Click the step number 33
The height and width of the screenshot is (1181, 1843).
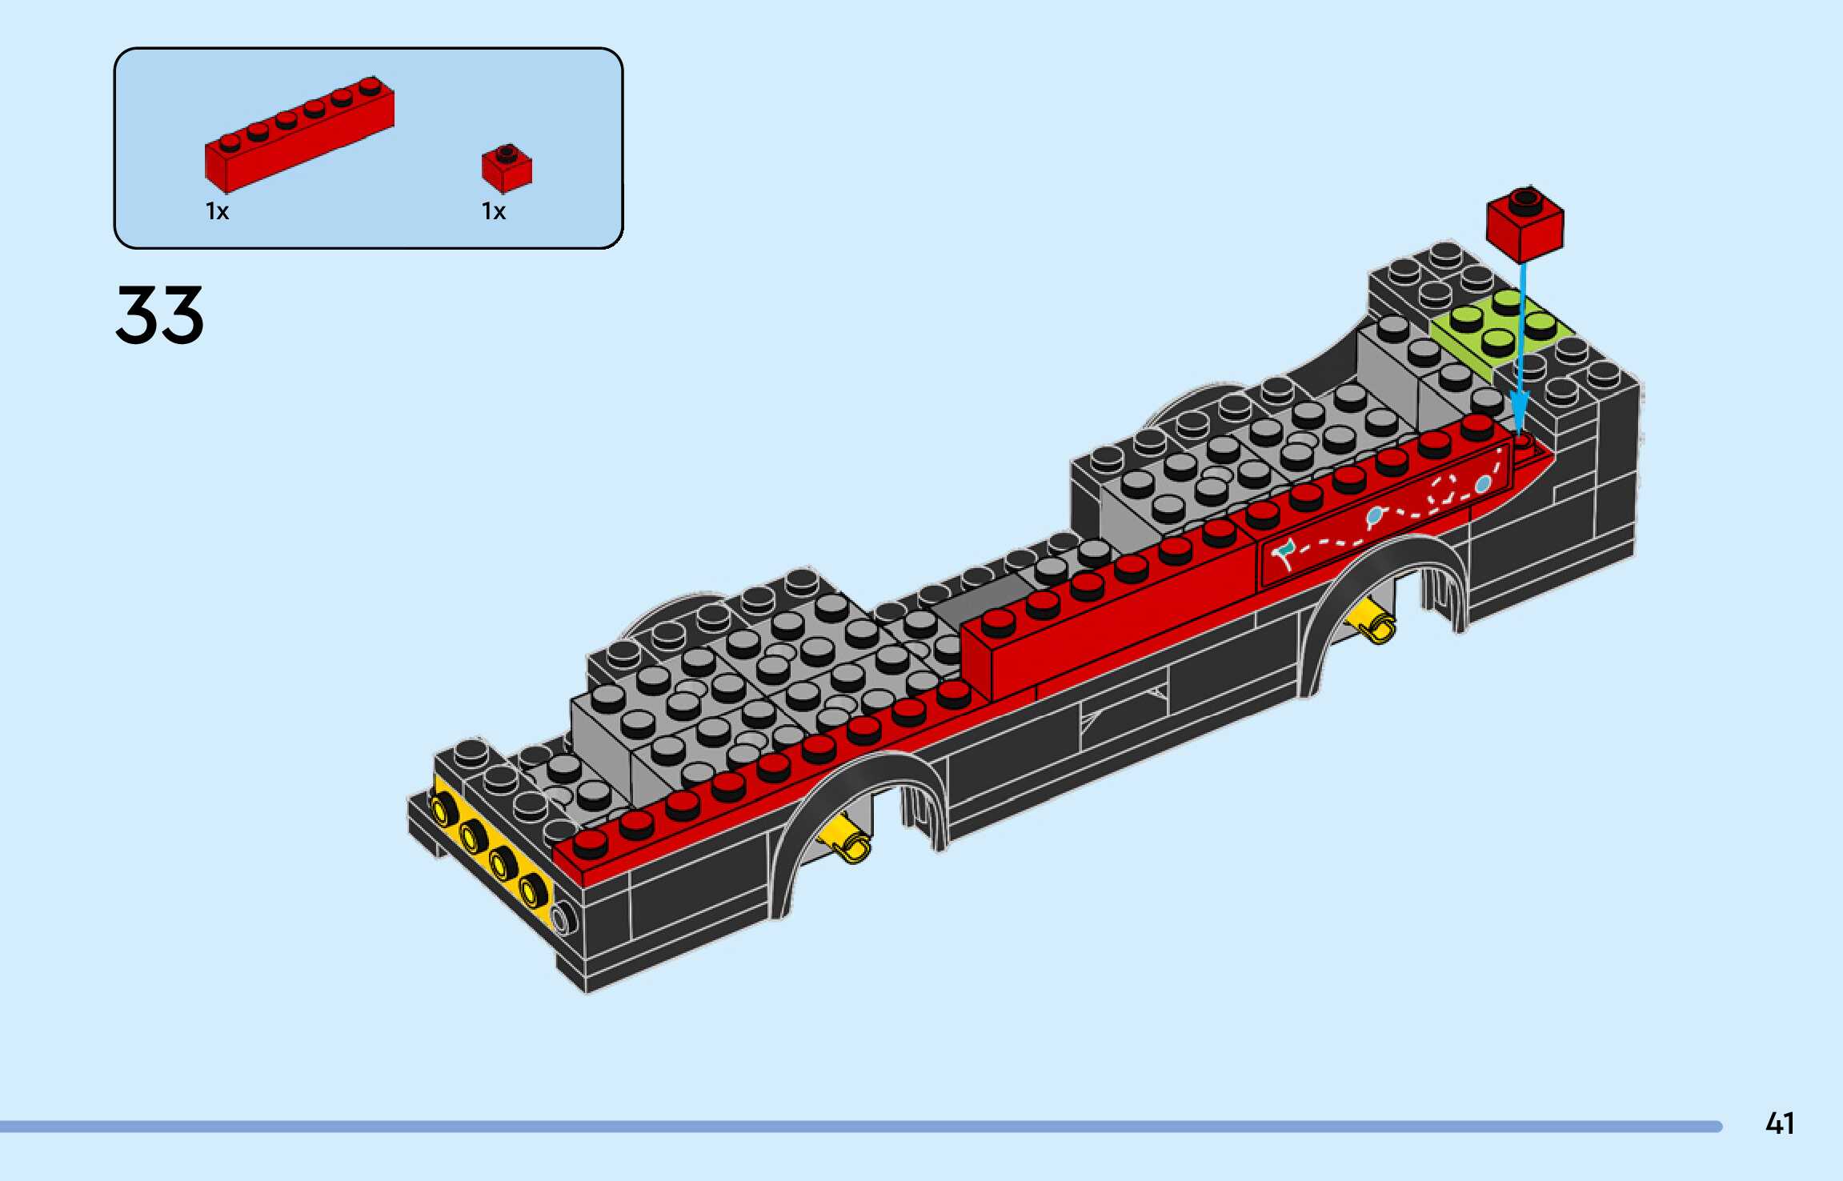160,315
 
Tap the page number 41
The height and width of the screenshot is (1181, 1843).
1780,1123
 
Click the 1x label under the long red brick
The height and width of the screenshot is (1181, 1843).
217,211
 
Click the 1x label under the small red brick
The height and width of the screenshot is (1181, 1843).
494,211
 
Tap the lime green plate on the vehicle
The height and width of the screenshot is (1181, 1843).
1496,332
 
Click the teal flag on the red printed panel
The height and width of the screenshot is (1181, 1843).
1284,550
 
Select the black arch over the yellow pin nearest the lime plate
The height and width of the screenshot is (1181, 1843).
1392,560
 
